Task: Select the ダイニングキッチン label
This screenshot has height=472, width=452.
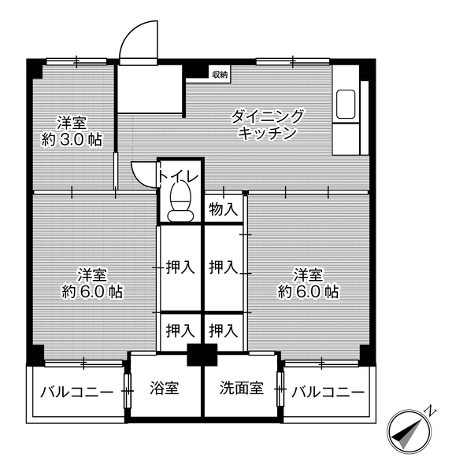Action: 267,125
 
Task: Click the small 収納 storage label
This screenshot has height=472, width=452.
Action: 219,75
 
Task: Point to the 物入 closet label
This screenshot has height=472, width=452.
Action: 223,209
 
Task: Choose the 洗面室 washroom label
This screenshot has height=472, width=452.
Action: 239,389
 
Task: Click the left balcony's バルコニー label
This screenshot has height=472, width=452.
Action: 76,392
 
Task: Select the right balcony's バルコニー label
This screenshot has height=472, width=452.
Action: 327,392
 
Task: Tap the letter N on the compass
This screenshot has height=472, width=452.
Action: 430,411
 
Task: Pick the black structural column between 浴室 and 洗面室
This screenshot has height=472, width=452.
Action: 202,355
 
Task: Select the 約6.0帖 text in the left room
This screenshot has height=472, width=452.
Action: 92,292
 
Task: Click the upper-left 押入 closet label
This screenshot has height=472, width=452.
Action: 180,267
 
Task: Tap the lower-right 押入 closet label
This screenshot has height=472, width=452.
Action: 224,330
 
